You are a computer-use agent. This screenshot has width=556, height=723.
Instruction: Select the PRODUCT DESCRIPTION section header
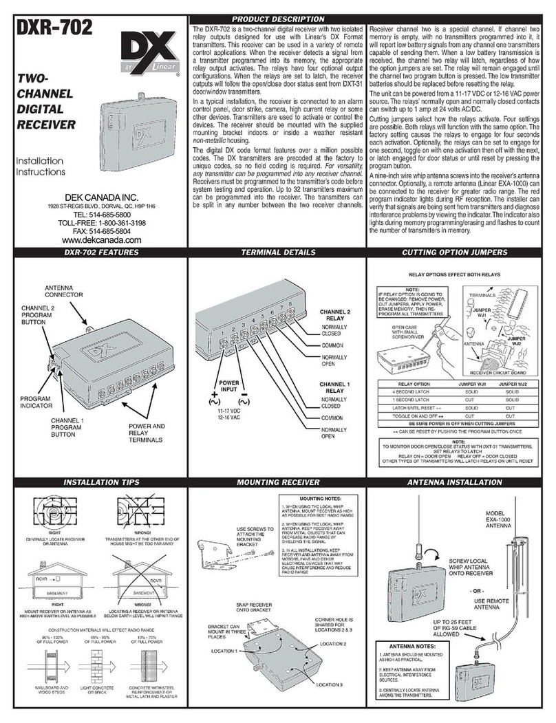click(278, 19)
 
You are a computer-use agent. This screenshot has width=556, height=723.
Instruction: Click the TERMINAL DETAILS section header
click(277, 253)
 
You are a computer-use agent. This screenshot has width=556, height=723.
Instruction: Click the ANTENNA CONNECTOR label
click(64, 290)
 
